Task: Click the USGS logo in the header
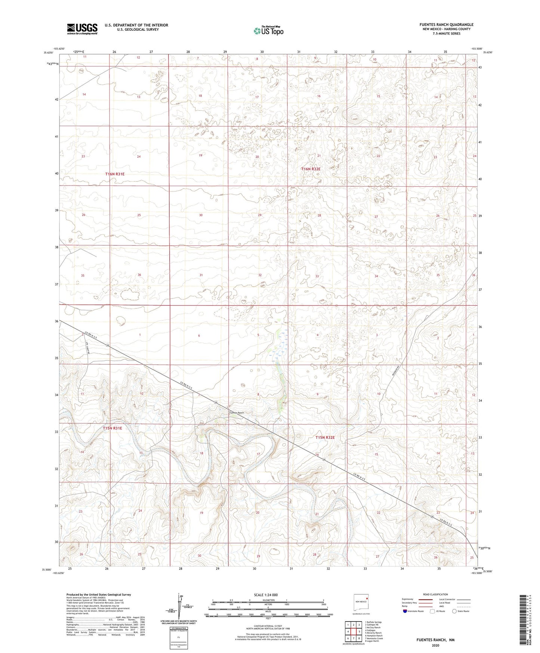coord(82,29)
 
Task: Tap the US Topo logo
coord(268,31)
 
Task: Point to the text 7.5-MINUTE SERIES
coord(446,34)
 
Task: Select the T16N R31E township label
coord(115,174)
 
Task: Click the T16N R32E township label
coord(311,169)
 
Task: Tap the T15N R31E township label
coord(112,428)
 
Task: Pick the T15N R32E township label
coord(325,437)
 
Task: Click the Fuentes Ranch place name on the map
coord(236,413)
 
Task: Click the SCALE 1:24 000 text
coord(266,595)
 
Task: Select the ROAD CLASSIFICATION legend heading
coord(435,594)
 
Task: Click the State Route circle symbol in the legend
coord(454,611)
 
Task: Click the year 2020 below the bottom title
coord(435,645)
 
